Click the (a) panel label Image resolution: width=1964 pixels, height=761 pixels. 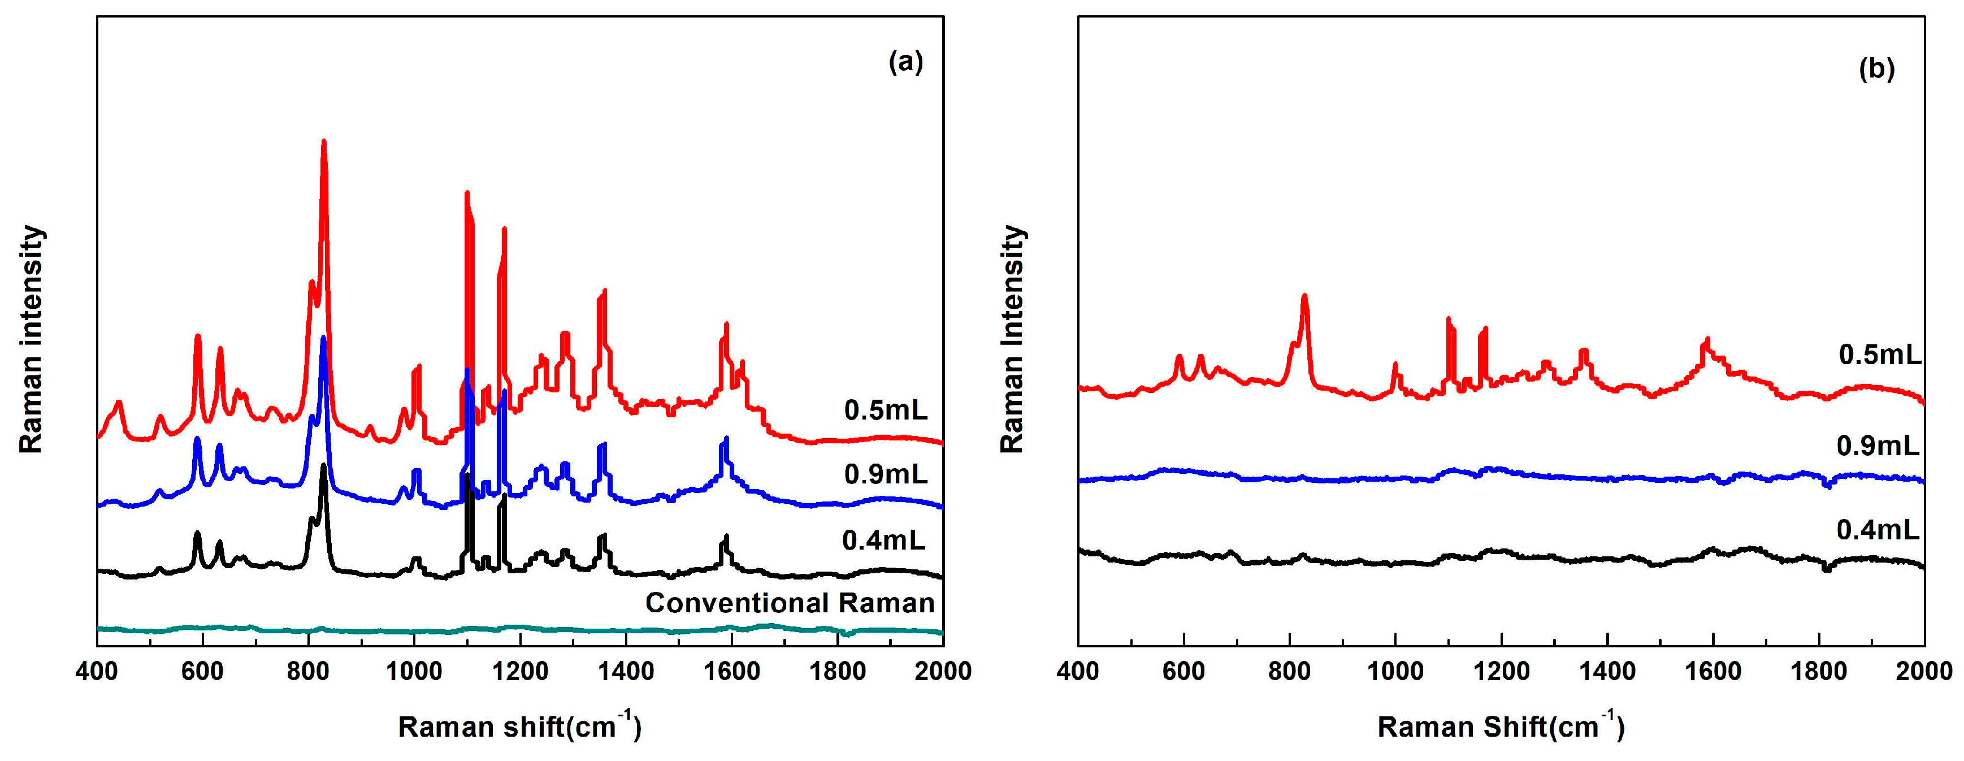click(x=906, y=62)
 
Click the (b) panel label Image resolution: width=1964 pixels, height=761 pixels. click(x=1876, y=70)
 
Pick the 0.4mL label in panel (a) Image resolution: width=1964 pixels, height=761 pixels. click(x=883, y=541)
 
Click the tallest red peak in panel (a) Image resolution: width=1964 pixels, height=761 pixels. click(x=324, y=142)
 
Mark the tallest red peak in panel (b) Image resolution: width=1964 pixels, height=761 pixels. click(x=1304, y=297)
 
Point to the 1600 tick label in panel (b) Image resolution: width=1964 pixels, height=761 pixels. click(x=1713, y=671)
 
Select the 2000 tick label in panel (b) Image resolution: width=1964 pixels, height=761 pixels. click(x=1924, y=671)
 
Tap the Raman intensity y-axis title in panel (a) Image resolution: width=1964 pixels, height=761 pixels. click(x=31, y=339)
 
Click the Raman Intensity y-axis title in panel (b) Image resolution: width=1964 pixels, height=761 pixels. click(x=1012, y=339)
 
